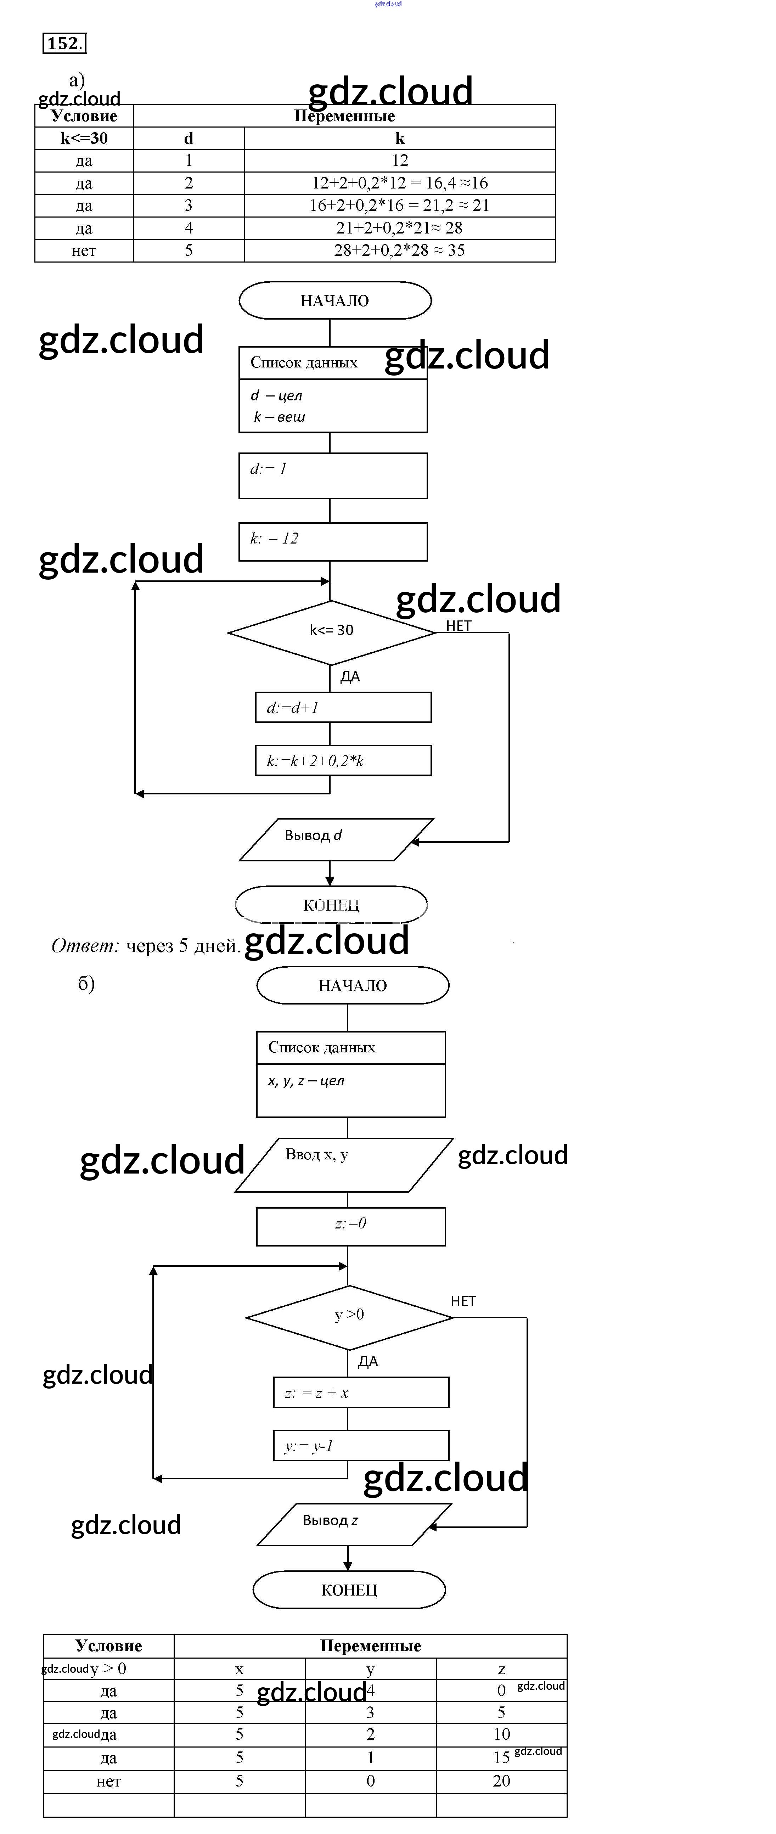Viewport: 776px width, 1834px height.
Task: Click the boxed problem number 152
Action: pyautogui.click(x=64, y=44)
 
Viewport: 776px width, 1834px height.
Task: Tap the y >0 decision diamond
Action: pyautogui.click(x=349, y=1316)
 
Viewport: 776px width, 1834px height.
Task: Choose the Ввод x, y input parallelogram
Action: pyautogui.click(x=344, y=1164)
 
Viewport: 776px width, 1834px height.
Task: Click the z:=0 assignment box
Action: pyautogui.click(x=351, y=1226)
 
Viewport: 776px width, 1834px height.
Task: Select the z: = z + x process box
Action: pyautogui.click(x=361, y=1393)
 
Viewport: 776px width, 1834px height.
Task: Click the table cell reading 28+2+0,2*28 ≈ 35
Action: pyautogui.click(x=399, y=251)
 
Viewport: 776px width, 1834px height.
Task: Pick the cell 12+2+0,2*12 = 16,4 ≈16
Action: pyautogui.click(x=399, y=183)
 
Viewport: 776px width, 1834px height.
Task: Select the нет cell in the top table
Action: pyautogui.click(x=84, y=251)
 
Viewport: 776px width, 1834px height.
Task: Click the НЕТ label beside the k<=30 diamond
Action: pyautogui.click(x=459, y=626)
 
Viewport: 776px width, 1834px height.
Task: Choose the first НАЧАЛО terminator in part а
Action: pyautogui.click(x=334, y=300)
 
